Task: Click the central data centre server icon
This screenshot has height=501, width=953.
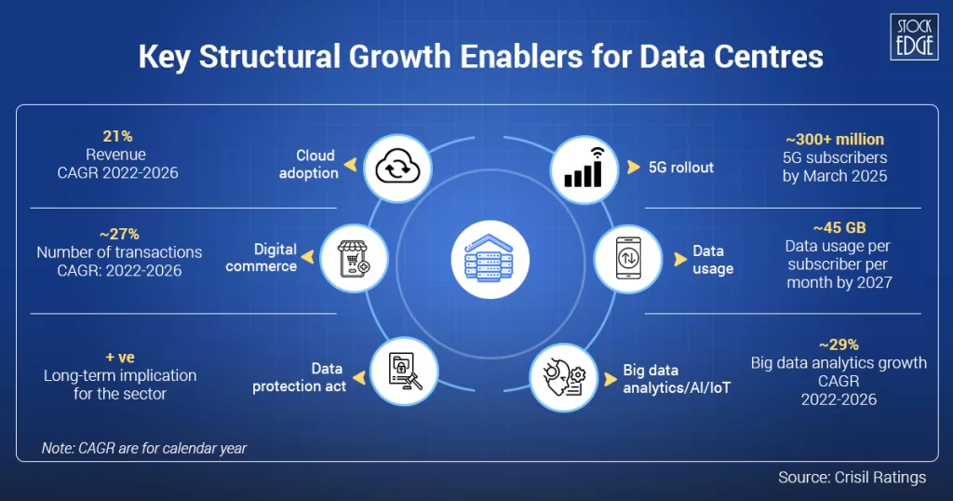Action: (490, 257)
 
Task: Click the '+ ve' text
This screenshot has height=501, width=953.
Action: (120, 357)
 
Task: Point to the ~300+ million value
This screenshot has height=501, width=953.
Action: (835, 140)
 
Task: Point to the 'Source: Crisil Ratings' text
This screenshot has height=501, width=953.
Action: (852, 478)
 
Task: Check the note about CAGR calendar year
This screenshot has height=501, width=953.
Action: (144, 448)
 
